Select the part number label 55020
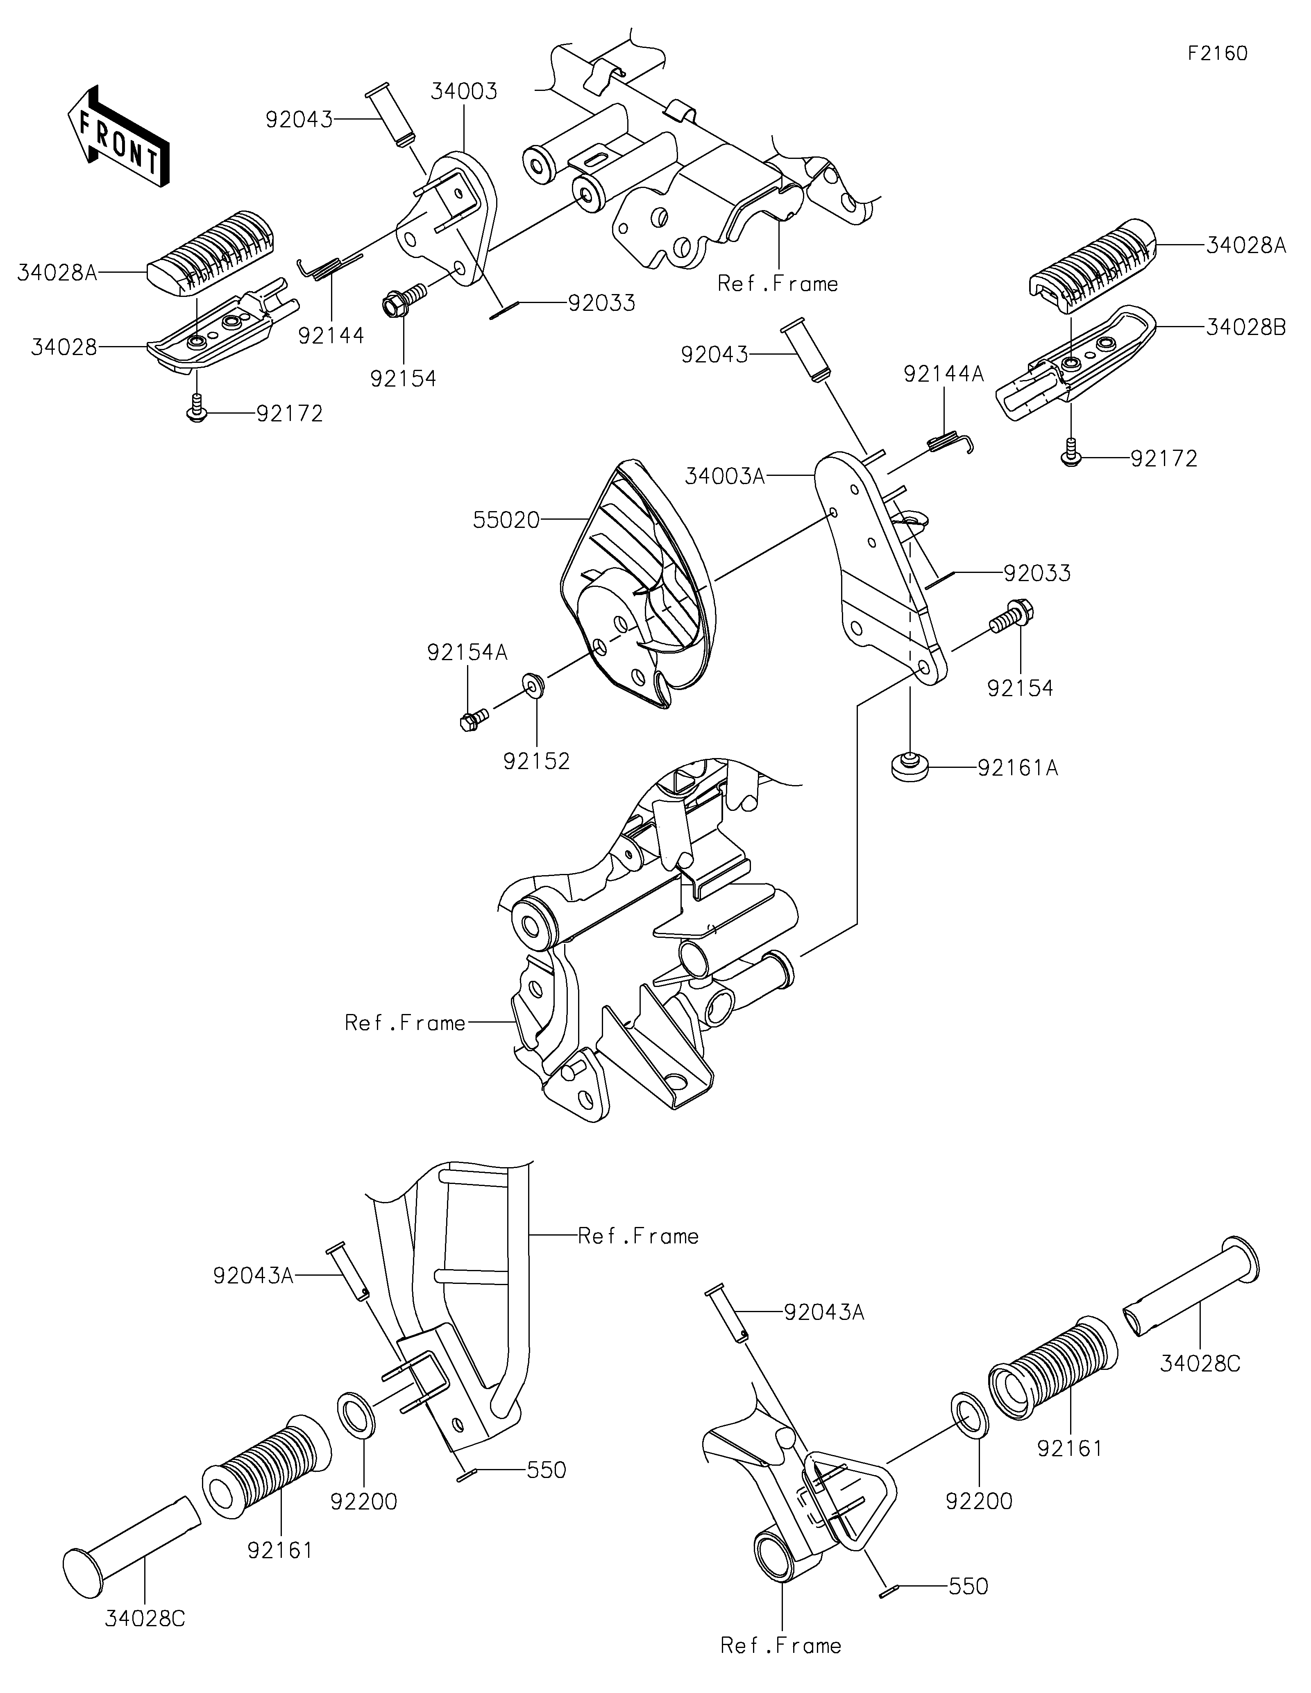(x=506, y=520)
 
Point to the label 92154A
(x=467, y=653)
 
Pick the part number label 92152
(x=537, y=761)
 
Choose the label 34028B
(x=1246, y=328)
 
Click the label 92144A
(x=944, y=374)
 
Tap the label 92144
(x=331, y=336)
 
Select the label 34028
(x=64, y=347)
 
